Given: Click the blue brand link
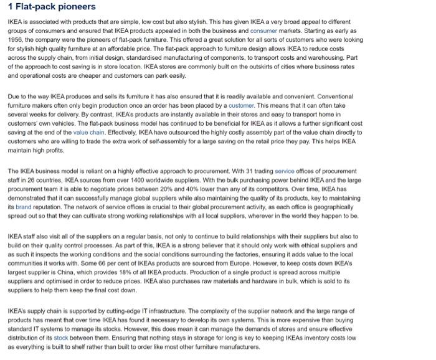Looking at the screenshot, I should click(23, 206).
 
